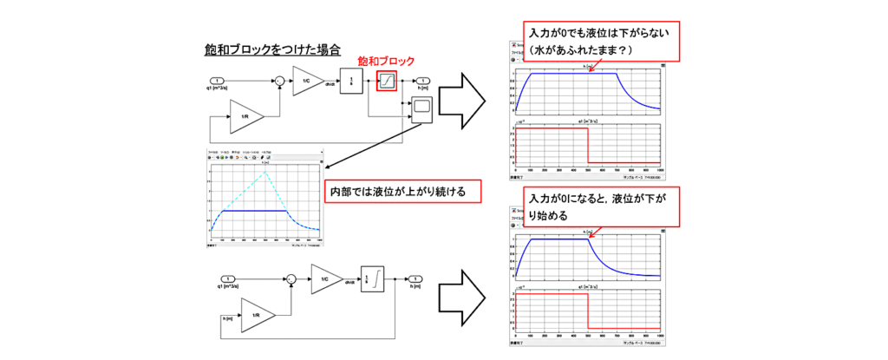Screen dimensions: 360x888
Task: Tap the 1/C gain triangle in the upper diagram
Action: click(x=306, y=82)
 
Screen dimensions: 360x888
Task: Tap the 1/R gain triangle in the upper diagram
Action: click(x=246, y=115)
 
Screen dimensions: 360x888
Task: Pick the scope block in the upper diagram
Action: click(x=421, y=110)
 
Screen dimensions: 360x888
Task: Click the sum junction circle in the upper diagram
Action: click(x=279, y=82)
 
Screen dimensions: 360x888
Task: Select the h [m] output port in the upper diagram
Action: click(x=421, y=82)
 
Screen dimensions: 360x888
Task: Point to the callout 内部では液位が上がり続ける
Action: click(x=399, y=191)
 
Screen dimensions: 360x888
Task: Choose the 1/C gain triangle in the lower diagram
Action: click(x=325, y=278)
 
